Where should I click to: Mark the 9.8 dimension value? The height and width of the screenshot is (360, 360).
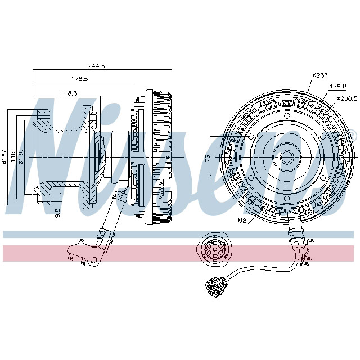pos(57,212)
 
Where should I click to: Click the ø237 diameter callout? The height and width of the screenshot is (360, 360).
pos(319,75)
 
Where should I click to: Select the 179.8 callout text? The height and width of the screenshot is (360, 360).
pos(337,86)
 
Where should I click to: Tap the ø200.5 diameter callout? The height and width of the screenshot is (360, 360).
pos(345,98)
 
